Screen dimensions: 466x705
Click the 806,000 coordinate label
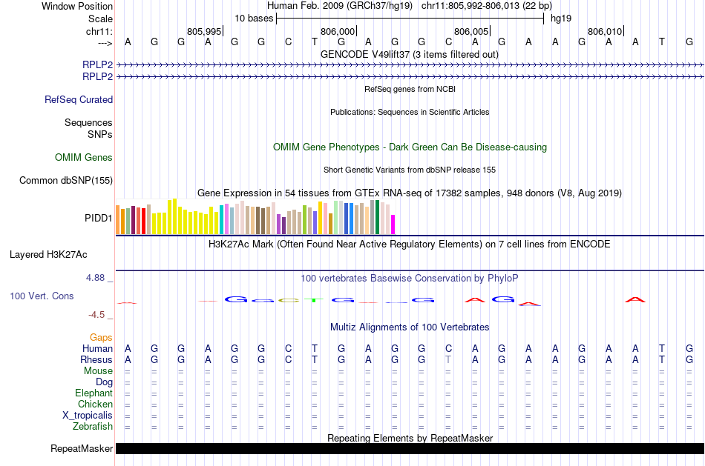coord(338,31)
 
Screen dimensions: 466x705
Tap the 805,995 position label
coord(204,31)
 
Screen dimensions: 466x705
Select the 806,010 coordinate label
coord(604,31)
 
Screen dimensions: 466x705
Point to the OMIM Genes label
coord(84,157)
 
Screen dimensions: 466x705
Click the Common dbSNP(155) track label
coord(66,180)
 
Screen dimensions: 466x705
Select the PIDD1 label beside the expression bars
coord(99,219)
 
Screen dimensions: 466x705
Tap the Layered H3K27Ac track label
coord(48,254)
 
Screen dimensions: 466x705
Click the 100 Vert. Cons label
coord(42,296)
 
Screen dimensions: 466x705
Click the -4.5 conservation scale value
coord(99,314)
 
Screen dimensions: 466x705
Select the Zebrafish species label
coord(93,426)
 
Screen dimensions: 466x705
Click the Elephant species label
coord(94,393)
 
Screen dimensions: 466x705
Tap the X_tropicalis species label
coord(88,415)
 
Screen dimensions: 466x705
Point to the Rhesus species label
coord(96,359)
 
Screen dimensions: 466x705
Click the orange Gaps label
coord(101,337)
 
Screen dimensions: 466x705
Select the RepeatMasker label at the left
coord(82,448)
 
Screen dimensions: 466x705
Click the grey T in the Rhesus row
coord(448,359)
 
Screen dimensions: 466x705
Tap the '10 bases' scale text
coord(254,18)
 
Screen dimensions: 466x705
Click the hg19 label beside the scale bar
coord(561,18)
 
